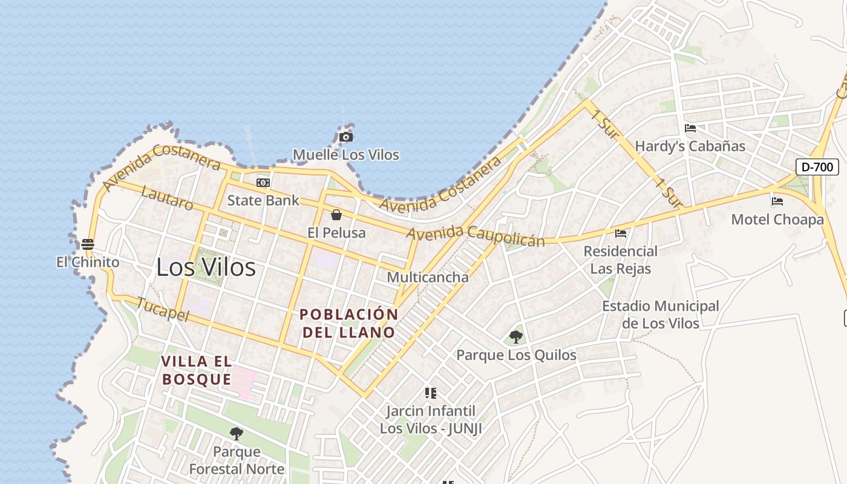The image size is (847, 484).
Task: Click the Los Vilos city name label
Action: click(206, 267)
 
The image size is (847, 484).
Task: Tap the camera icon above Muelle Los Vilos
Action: click(346, 137)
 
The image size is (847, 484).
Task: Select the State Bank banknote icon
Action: click(263, 183)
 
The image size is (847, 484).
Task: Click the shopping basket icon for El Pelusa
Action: click(336, 215)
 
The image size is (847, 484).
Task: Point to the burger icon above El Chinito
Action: click(88, 244)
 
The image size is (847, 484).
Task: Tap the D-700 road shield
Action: click(817, 167)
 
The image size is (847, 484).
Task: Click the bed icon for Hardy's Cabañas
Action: click(690, 128)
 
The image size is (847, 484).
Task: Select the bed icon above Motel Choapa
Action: click(777, 201)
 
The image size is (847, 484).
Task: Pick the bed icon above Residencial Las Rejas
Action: click(621, 233)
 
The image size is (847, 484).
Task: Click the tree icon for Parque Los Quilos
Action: click(516, 337)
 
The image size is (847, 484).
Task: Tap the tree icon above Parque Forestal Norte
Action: click(237, 433)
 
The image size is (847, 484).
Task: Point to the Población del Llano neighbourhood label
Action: click(349, 323)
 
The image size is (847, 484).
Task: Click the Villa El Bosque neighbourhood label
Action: click(197, 370)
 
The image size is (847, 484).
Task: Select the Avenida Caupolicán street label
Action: click(476, 235)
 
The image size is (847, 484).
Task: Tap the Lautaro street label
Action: click(167, 198)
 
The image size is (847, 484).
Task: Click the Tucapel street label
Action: click(163, 309)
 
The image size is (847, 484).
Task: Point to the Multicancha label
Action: click(428, 277)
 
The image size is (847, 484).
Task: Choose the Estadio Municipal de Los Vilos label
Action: click(661, 315)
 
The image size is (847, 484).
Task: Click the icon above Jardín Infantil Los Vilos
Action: click(431, 393)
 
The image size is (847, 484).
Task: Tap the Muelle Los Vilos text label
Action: click(346, 155)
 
